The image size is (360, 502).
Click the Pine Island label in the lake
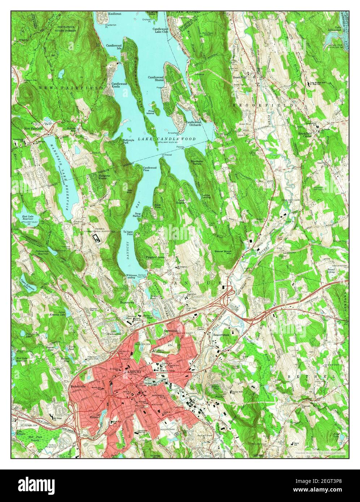pos(150,112)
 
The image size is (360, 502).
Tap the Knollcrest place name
pos(110,14)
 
